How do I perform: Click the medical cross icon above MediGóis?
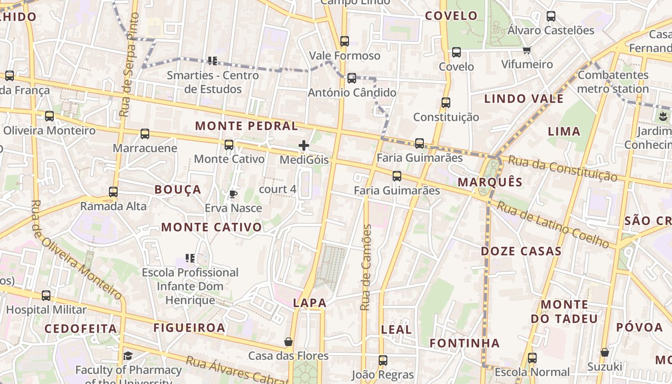tap(303, 145)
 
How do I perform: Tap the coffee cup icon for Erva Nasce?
tap(233, 194)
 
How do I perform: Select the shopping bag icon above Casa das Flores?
tap(288, 342)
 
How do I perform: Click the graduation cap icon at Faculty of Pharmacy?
tap(128, 356)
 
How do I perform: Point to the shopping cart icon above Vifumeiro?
tap(527, 50)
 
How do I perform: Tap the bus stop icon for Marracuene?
tap(145, 134)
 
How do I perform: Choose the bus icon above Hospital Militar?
tap(46, 296)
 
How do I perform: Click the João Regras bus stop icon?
tap(383, 360)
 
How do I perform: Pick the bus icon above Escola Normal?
tap(532, 358)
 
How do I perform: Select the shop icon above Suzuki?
tap(605, 352)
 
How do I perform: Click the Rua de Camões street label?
tap(366, 267)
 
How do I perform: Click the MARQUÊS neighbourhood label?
tap(490, 182)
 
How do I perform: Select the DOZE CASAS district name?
tap(521, 251)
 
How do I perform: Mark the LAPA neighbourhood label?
tap(310, 303)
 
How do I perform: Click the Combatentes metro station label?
tap(613, 82)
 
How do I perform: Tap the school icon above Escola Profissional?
tap(190, 258)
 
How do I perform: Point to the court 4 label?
tap(277, 189)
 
